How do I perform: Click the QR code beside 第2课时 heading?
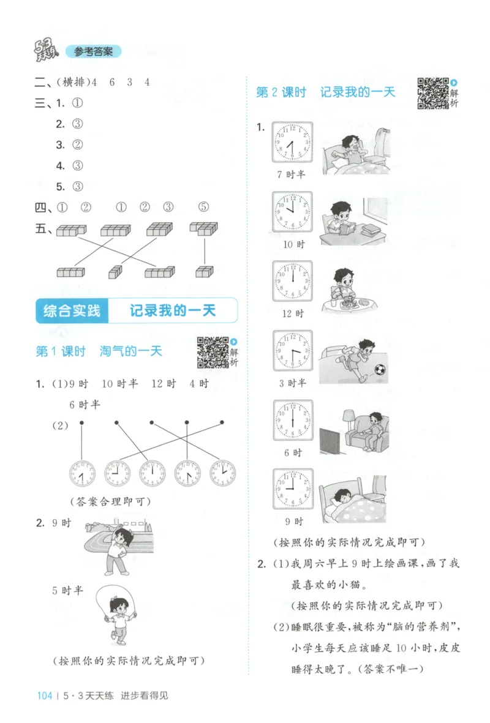[432, 93]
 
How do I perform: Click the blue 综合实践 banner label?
[72, 311]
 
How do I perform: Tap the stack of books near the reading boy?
[371, 231]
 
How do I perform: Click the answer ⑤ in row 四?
[204, 207]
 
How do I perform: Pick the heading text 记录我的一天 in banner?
[173, 311]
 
